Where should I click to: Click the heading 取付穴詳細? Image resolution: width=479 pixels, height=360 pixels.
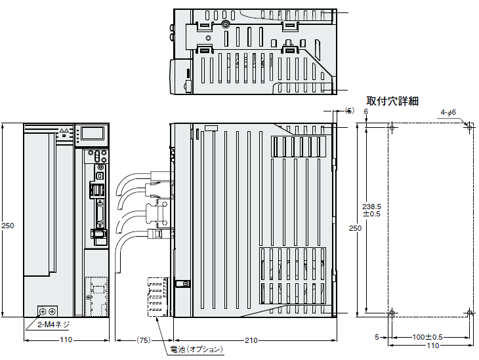click(x=392, y=101)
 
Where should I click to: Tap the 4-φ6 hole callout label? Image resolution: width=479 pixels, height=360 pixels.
click(x=448, y=112)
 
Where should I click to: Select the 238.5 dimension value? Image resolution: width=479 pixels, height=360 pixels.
click(x=371, y=207)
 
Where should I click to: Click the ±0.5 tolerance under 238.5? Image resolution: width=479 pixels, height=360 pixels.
click(x=371, y=214)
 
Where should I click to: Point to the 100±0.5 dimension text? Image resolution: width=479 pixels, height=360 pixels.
click(x=427, y=337)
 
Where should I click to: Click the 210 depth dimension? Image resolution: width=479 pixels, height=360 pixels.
click(x=251, y=340)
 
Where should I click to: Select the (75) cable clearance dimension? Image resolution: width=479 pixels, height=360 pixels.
click(x=143, y=340)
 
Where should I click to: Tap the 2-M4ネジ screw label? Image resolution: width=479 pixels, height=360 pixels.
click(x=53, y=325)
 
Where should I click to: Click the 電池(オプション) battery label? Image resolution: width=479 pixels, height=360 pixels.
click(x=196, y=350)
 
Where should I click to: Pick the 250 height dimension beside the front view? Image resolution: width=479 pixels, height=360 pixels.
click(x=8, y=226)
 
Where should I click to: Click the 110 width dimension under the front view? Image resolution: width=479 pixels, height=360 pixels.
click(x=66, y=340)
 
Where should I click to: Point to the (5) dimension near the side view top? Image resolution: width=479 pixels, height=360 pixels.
click(x=350, y=111)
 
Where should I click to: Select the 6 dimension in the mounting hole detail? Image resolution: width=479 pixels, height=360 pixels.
click(x=366, y=111)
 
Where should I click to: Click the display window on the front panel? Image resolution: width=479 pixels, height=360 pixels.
click(x=93, y=133)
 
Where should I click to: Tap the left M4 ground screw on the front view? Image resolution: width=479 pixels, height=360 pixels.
click(x=43, y=311)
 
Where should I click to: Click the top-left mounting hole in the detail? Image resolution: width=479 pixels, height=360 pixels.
click(x=392, y=127)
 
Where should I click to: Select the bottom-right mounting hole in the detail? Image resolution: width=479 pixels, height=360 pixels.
click(x=470, y=313)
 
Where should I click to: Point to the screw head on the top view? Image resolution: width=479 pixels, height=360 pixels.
click(x=226, y=24)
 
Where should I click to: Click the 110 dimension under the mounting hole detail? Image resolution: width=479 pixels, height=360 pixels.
click(x=433, y=346)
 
